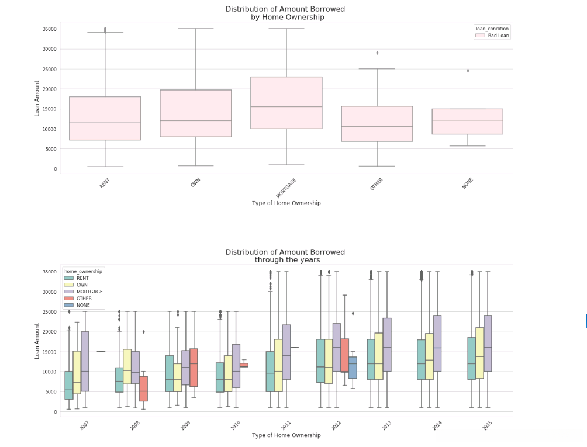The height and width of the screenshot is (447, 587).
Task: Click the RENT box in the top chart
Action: [x=105, y=119]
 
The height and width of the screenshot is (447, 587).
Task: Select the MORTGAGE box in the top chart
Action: [x=286, y=103]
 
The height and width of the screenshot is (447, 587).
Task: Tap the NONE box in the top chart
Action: [x=468, y=122]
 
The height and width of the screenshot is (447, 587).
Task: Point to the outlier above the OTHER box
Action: [x=377, y=53]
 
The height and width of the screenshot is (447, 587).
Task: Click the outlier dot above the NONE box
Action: [x=468, y=71]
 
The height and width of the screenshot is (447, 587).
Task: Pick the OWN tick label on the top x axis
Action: [x=195, y=183]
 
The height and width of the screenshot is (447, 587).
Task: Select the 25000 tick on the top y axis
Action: [x=49, y=69]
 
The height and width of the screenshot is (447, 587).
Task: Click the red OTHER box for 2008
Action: [x=144, y=389]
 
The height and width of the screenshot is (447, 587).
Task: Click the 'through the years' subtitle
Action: [x=287, y=260]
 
